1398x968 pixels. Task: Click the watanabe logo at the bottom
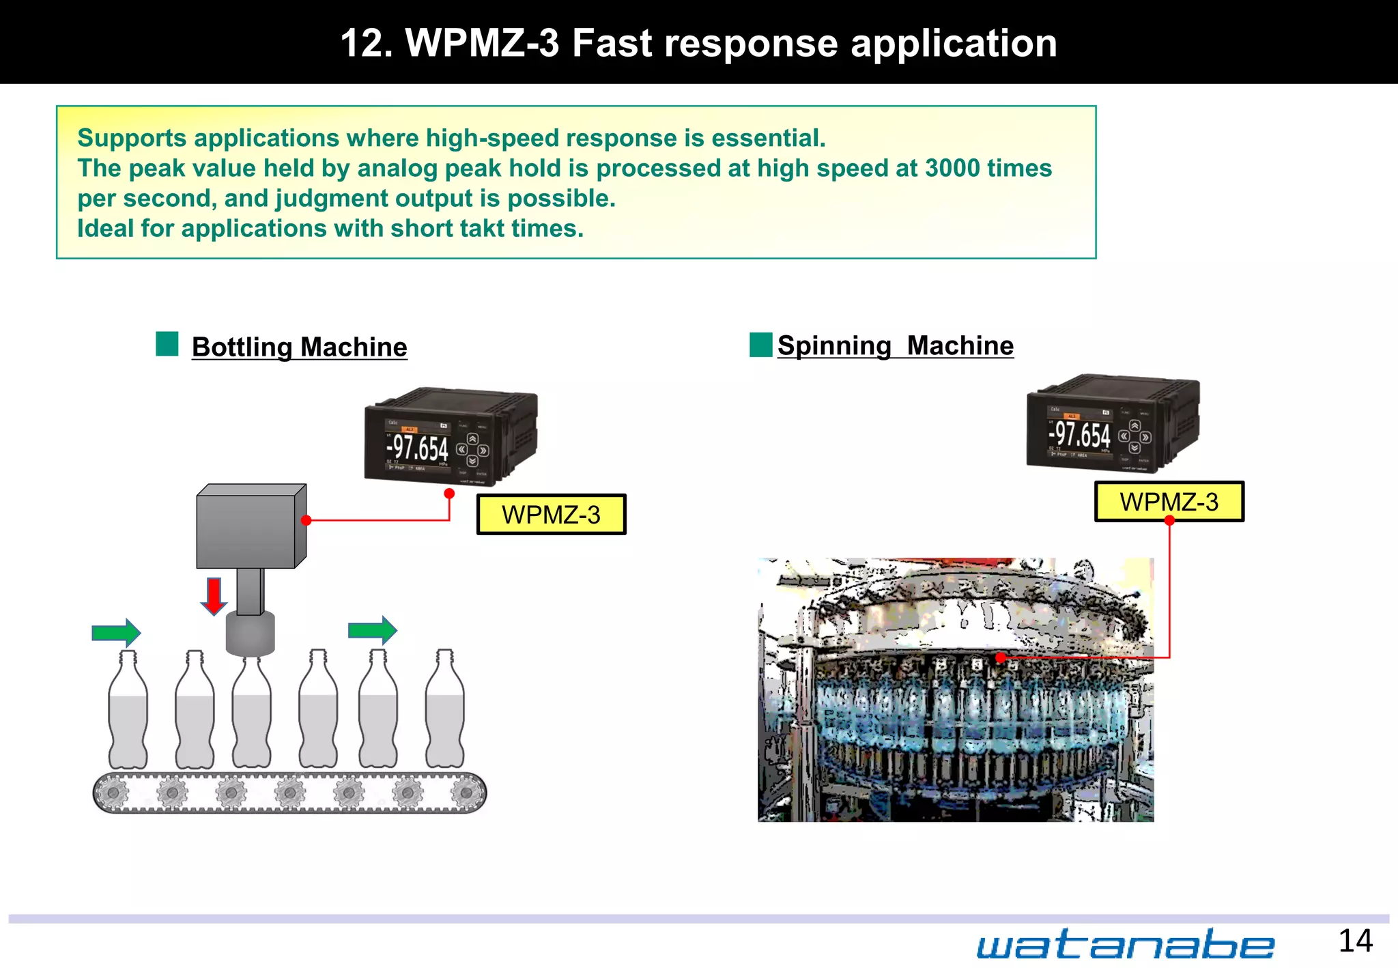click(x=1124, y=945)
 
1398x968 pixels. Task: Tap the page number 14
click(x=1355, y=941)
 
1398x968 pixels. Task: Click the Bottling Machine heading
click(x=299, y=347)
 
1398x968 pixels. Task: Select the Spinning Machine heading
click(x=895, y=346)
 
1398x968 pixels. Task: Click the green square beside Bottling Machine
click(x=167, y=344)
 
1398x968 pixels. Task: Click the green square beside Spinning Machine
click(x=760, y=345)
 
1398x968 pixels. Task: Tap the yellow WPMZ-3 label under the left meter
click(x=551, y=515)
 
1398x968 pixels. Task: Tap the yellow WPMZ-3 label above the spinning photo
click(x=1169, y=502)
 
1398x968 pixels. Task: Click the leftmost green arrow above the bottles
click(x=116, y=633)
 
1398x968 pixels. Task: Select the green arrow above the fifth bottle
click(x=372, y=630)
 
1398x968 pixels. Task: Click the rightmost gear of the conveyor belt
click(x=467, y=793)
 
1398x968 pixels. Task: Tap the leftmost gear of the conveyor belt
click(x=113, y=793)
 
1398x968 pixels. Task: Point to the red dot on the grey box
click(x=306, y=520)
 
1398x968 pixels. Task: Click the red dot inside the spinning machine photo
click(x=1000, y=658)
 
